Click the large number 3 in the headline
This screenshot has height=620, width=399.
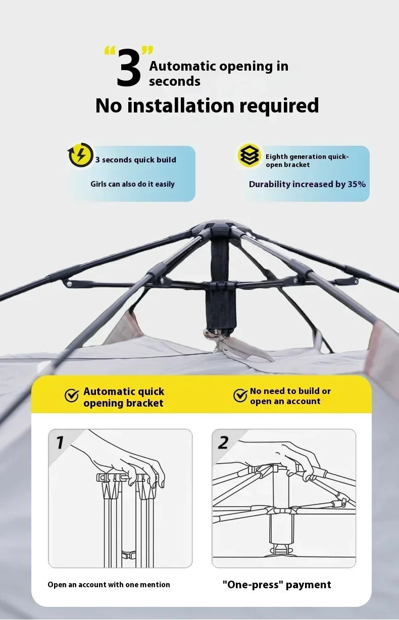click(129, 67)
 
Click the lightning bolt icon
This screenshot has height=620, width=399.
click(81, 154)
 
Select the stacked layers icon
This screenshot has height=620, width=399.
click(250, 155)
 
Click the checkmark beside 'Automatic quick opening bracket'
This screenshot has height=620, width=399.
click(72, 396)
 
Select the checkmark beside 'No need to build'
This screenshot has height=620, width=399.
click(240, 396)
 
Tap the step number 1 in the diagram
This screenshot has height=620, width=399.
click(60, 442)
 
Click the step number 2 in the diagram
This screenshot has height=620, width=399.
click(223, 442)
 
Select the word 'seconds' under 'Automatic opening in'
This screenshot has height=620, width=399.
click(175, 81)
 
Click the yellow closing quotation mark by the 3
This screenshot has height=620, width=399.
click(147, 51)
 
